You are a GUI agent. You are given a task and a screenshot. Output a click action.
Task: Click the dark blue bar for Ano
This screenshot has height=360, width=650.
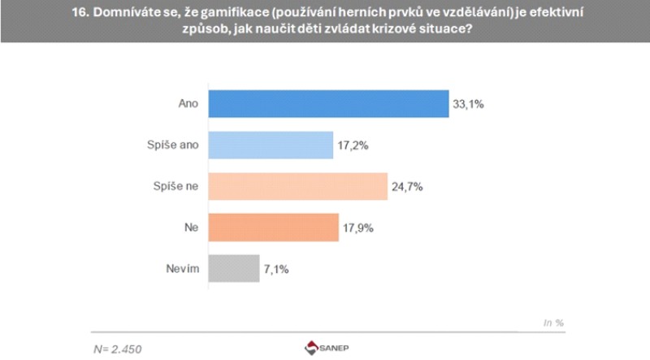[329, 104]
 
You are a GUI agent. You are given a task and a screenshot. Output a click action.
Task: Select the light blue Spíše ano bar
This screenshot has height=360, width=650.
[271, 145]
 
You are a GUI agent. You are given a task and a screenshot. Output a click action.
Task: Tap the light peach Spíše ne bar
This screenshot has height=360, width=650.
[297, 186]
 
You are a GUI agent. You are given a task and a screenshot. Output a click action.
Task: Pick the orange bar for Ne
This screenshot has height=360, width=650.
[273, 228]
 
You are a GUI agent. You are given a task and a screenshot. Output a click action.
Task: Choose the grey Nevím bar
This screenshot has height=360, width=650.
[234, 268]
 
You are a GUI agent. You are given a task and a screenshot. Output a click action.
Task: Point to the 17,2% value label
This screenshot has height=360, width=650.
[355, 145]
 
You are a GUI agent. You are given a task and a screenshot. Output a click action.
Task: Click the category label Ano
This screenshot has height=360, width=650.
[188, 104]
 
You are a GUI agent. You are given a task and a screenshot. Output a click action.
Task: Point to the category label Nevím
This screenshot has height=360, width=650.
[180, 268]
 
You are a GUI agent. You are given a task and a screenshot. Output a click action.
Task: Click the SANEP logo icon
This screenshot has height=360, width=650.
[313, 348]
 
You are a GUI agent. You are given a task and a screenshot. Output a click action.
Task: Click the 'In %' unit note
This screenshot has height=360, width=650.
[553, 323]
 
